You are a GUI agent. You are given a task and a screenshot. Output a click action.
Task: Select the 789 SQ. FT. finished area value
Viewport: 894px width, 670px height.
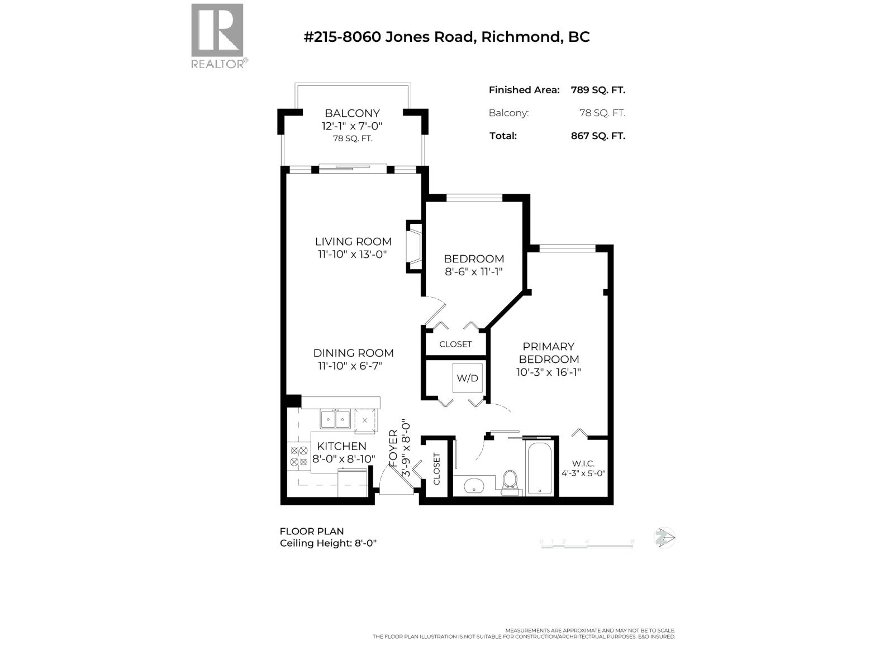tap(597, 90)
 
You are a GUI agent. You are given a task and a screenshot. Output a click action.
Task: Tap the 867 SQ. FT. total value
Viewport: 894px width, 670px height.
tap(597, 136)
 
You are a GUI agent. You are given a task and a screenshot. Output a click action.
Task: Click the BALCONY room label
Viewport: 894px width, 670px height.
tap(352, 113)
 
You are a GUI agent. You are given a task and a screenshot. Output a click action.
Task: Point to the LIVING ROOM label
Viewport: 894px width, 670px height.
tap(353, 242)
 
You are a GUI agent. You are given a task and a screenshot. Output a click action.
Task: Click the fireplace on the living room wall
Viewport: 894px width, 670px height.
tap(413, 247)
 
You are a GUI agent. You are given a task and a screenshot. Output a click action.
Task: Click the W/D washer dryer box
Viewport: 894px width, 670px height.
tap(467, 378)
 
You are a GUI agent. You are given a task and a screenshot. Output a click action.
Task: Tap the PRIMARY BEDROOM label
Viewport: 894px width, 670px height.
tap(548, 353)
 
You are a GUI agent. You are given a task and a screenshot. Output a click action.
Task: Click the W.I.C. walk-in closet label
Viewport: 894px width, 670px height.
tap(583, 463)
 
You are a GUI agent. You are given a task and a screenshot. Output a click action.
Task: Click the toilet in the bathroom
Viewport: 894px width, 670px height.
tap(510, 482)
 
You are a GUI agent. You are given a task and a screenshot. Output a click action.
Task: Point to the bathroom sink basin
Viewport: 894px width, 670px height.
tap(475, 486)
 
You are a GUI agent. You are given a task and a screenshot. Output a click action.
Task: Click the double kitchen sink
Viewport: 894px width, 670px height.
tap(335, 419)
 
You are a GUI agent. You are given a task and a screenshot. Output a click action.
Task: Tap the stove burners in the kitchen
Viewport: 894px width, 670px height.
tap(298, 456)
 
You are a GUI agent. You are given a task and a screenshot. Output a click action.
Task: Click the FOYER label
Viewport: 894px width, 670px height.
tap(393, 448)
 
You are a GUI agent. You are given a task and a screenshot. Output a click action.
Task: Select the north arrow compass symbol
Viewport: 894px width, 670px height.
tap(664, 538)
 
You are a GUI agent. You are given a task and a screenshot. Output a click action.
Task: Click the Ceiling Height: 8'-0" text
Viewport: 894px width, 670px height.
tap(329, 543)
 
